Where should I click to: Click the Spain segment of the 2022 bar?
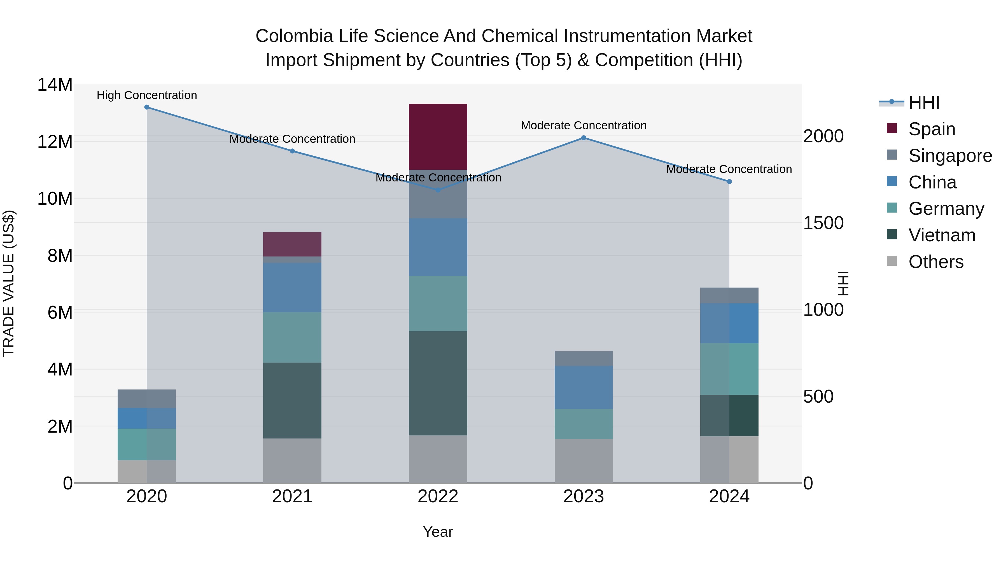[x=438, y=137]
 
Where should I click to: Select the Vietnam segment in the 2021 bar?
[x=292, y=400]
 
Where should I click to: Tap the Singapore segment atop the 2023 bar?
[x=584, y=358]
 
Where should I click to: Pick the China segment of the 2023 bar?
[x=584, y=388]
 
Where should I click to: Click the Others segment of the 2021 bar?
[x=292, y=461]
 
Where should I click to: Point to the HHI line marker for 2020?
[x=147, y=107]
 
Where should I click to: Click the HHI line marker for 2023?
[x=584, y=138]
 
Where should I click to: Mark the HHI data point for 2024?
[x=729, y=181]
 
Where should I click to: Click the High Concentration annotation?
[x=147, y=95]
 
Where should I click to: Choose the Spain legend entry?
[x=931, y=129]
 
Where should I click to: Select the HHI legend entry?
[x=923, y=102]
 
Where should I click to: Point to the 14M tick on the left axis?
[x=55, y=85]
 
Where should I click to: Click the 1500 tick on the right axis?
[x=823, y=223]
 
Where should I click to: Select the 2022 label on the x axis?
[x=438, y=496]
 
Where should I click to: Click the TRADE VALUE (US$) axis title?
[x=9, y=283]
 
